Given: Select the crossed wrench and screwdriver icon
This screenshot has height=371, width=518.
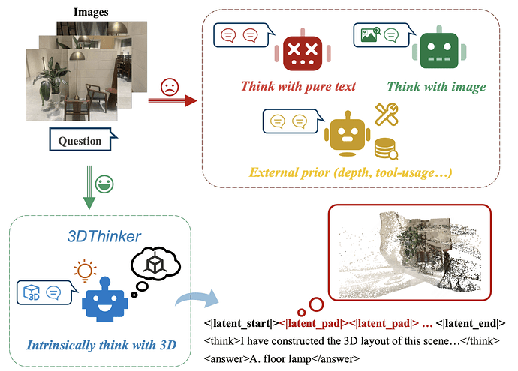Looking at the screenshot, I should tap(389, 114).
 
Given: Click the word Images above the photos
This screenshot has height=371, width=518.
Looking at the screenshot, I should tap(89, 12).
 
